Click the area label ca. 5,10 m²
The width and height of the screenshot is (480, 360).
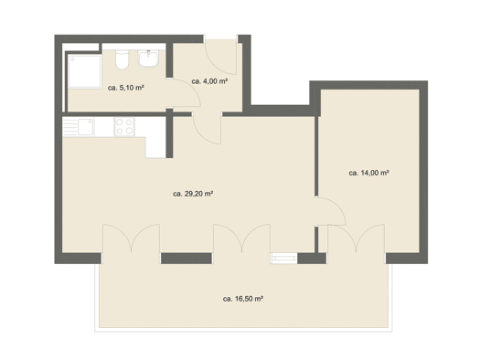(126, 88)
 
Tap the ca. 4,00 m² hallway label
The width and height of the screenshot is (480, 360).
(209, 81)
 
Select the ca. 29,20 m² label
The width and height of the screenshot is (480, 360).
(193, 194)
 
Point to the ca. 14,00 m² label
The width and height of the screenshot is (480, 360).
(368, 173)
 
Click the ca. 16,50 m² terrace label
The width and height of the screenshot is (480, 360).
(243, 299)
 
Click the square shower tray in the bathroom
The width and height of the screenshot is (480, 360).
(84, 71)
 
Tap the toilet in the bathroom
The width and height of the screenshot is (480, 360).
(123, 59)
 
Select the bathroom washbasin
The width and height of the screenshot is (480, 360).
(148, 58)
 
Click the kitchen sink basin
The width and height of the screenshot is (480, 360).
(85, 127)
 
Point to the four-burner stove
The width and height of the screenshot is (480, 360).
(124, 127)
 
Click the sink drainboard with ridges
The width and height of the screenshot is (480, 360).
(70, 127)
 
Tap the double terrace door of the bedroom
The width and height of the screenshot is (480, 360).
(357, 238)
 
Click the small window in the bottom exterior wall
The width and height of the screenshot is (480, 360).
(283, 259)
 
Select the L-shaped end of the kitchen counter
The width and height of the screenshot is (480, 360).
(155, 147)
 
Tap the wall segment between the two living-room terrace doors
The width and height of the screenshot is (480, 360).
(187, 259)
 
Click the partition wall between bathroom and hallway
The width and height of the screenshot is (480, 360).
(169, 60)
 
